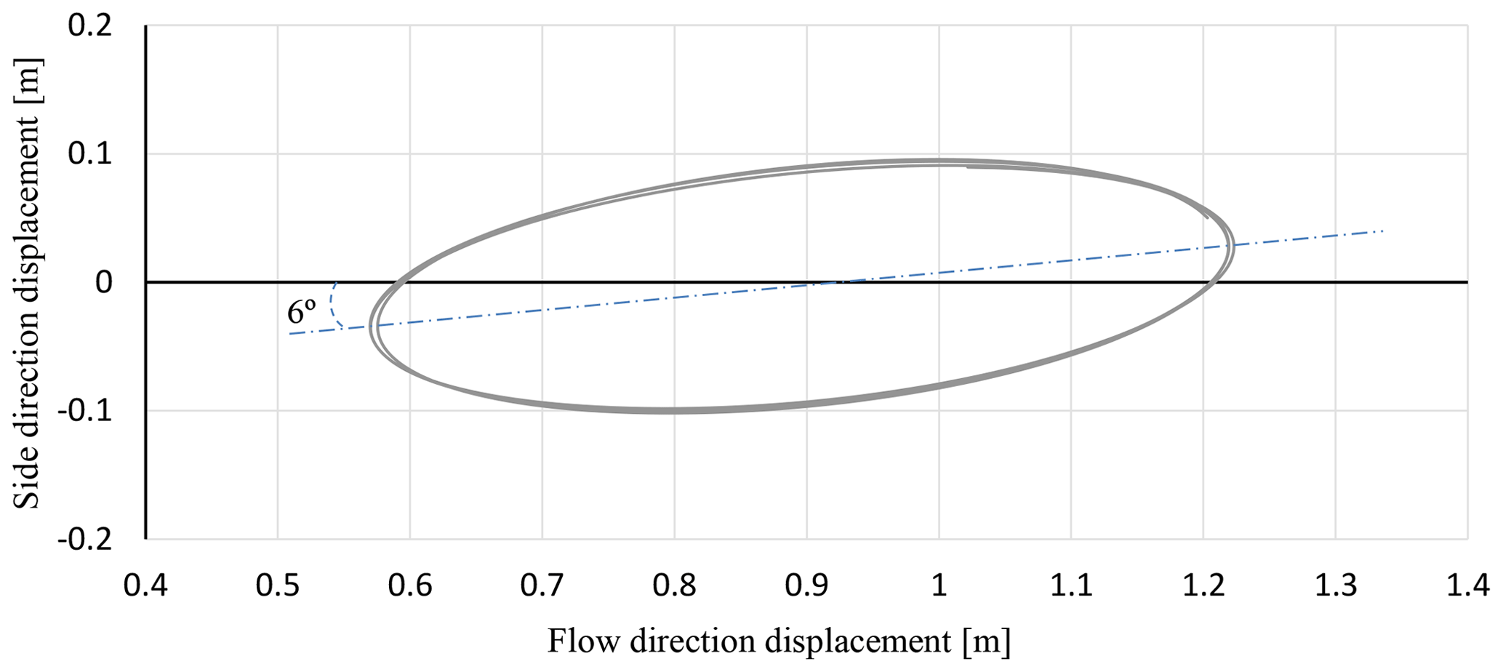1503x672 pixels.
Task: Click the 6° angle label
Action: click(x=301, y=313)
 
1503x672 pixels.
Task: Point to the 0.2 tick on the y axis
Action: click(x=90, y=26)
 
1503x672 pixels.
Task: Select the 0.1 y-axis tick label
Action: click(x=90, y=154)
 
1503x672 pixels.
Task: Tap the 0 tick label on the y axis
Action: click(x=104, y=282)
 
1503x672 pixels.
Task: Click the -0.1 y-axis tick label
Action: click(x=85, y=411)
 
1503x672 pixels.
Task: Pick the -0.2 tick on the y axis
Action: click(x=85, y=539)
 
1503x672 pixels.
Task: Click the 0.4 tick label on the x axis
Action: click(x=145, y=585)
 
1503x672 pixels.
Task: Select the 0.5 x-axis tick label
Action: click(x=278, y=585)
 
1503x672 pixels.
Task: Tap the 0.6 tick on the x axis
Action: click(x=410, y=585)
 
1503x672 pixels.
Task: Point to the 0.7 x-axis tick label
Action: click(x=542, y=585)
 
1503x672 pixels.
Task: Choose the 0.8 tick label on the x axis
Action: click(x=675, y=585)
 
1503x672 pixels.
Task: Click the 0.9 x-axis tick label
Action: click(x=806, y=585)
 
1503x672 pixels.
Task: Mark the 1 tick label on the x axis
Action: click(x=939, y=585)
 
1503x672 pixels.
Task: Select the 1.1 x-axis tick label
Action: click(x=1071, y=585)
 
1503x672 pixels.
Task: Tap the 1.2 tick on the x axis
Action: click(x=1203, y=585)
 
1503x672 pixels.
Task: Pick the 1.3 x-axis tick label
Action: click(x=1336, y=585)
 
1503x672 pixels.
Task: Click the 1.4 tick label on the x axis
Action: click(x=1467, y=585)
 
